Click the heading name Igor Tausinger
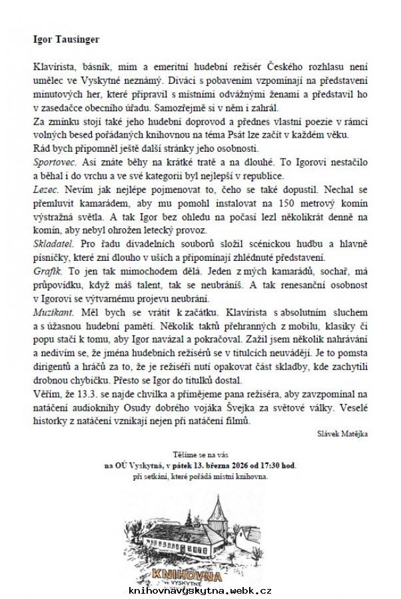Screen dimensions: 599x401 67,39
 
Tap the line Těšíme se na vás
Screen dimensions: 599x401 200,452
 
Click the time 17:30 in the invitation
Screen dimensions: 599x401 274,465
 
